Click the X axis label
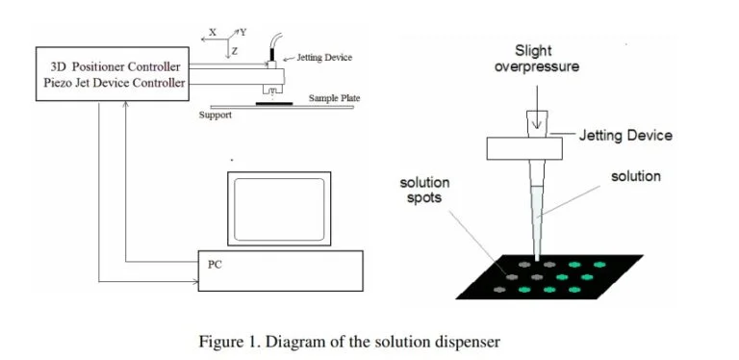point(213,33)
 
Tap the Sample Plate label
point(329,98)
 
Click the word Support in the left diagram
point(215,114)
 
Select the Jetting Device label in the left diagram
point(325,58)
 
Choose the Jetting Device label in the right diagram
point(625,136)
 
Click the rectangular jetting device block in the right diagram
point(523,148)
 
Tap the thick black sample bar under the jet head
point(276,98)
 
